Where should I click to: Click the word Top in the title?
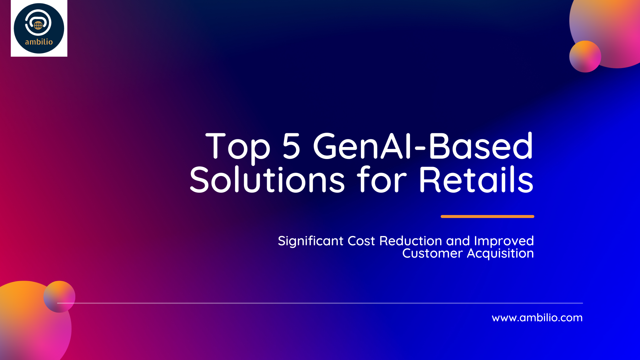click(238, 147)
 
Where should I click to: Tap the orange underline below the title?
click(487, 216)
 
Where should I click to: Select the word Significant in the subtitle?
click(311, 241)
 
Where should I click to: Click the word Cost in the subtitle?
click(361, 241)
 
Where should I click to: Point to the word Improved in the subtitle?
click(504, 241)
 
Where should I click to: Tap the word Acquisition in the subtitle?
click(500, 254)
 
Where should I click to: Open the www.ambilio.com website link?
click(537, 318)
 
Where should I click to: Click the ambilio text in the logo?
click(39, 42)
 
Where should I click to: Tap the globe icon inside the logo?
click(38, 25)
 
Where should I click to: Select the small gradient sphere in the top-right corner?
click(585, 56)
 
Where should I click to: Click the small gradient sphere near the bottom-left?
click(59, 297)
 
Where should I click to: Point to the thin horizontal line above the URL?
click(320, 303)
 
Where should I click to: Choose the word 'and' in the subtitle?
click(458, 241)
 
